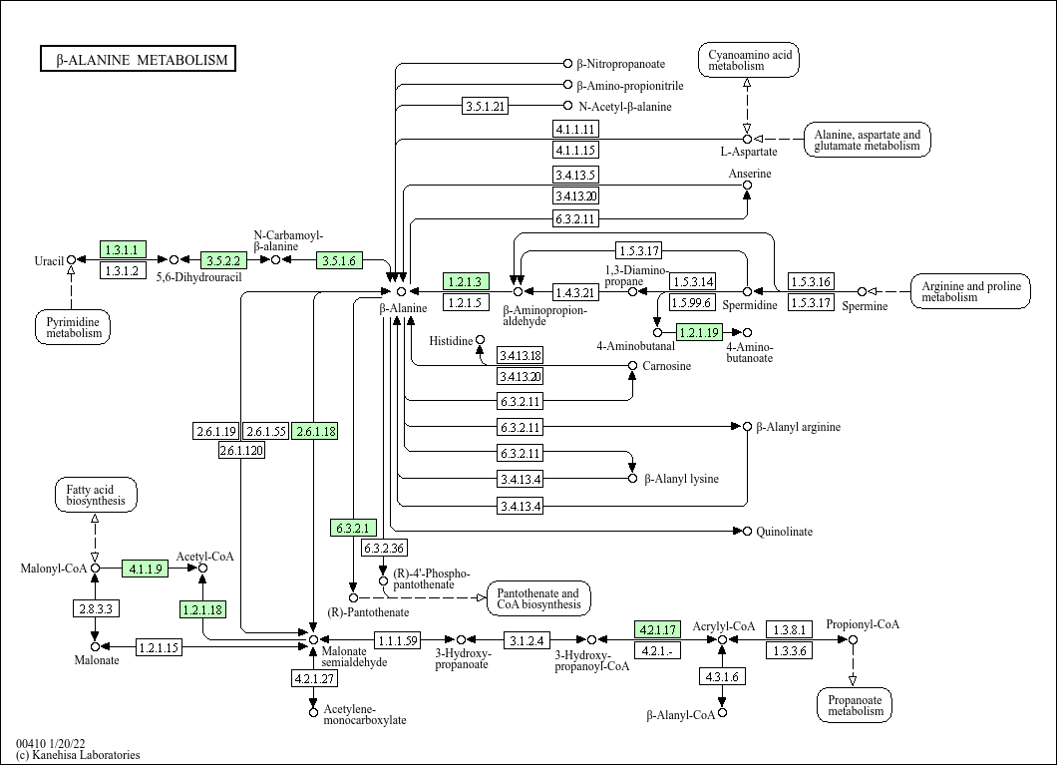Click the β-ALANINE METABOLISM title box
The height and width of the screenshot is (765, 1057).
139,59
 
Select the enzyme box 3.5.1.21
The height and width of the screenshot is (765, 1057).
486,106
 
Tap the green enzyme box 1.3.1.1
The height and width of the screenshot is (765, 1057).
123,249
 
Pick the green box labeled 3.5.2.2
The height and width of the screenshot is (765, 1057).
223,260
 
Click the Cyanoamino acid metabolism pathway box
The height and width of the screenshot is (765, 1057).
749,60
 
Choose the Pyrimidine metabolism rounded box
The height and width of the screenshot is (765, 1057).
73,327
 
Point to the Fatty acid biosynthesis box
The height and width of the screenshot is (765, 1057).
95,495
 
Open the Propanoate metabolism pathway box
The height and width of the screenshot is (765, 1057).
855,705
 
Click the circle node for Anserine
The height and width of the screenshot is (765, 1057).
747,186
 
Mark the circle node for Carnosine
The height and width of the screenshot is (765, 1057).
632,365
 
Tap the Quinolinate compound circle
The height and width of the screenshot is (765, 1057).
747,532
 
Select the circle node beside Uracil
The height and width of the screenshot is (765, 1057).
71,259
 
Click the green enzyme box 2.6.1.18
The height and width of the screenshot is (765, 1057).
315,431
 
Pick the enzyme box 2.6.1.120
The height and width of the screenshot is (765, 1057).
241,450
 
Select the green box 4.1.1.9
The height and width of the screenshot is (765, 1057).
145,569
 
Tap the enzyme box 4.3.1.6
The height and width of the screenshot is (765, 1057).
722,676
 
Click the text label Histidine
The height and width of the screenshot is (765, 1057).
451,341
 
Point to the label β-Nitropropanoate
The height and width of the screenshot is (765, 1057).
621,64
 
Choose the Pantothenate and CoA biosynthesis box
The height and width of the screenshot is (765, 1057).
537,598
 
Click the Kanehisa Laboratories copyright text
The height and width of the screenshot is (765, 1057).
78,755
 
